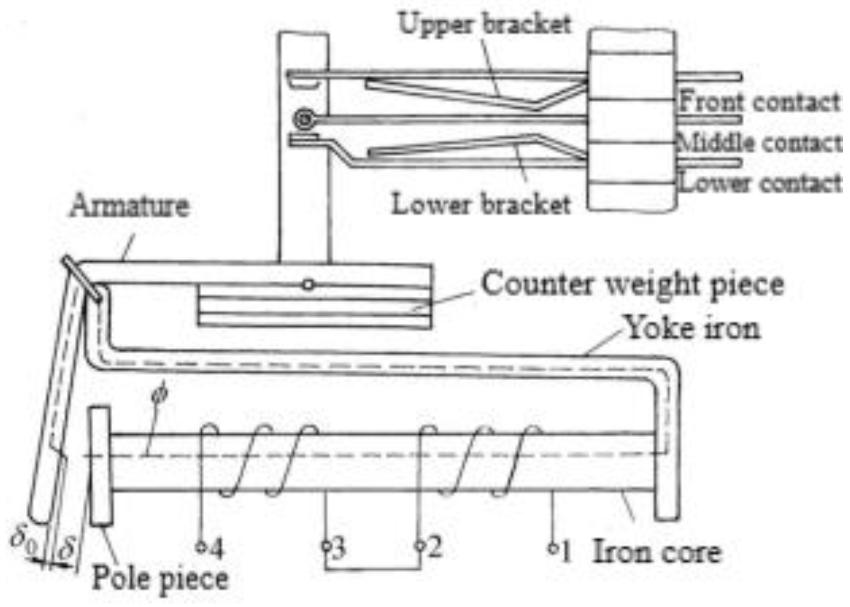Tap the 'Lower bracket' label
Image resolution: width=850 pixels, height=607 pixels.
(x=481, y=205)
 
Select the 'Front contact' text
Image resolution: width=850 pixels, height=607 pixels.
(x=759, y=102)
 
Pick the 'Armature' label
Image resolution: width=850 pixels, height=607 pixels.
(x=130, y=205)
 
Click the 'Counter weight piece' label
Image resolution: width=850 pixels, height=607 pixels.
(x=633, y=284)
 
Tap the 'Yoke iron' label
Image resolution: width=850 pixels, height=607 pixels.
(x=692, y=328)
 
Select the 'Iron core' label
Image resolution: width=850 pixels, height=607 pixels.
(x=657, y=552)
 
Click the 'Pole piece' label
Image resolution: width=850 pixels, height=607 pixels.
(x=160, y=578)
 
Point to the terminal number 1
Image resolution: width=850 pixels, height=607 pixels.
(x=566, y=551)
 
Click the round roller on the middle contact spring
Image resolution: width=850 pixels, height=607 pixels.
(x=304, y=119)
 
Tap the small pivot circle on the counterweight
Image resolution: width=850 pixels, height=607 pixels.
(x=308, y=285)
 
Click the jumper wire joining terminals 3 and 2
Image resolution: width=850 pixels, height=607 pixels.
(x=373, y=569)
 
